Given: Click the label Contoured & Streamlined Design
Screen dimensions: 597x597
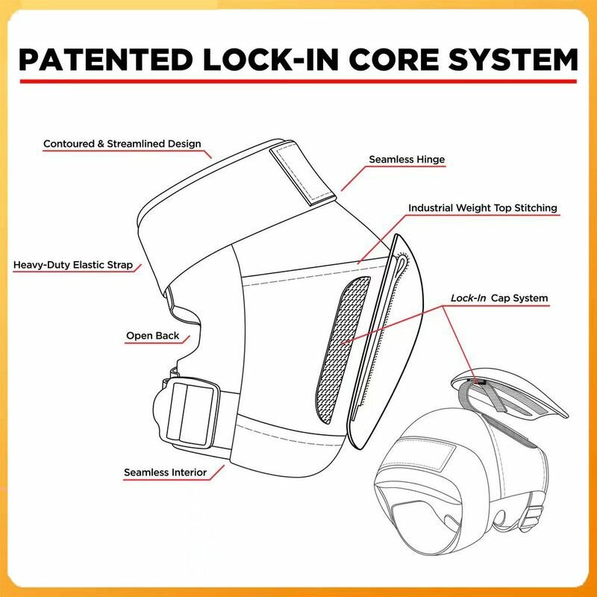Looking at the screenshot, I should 122,143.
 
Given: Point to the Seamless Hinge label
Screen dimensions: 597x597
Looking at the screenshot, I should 407,160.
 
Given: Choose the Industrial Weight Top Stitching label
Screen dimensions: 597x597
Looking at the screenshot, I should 483,208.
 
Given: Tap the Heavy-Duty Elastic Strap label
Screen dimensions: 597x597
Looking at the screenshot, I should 73,265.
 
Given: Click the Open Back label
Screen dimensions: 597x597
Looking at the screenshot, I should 152,336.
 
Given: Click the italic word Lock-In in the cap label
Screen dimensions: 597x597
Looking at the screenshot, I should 469,298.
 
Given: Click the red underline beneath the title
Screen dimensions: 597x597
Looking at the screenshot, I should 298,80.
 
